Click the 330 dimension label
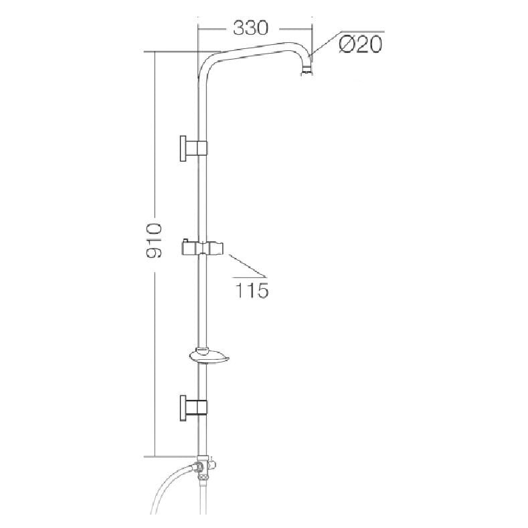click(x=250, y=28)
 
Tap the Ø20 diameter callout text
click(x=361, y=44)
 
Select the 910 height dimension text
click(x=154, y=240)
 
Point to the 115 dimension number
click(x=252, y=290)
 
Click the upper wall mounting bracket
click(x=193, y=148)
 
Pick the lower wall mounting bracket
click(x=193, y=407)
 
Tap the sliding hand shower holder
click(x=203, y=248)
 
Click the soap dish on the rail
click(x=209, y=357)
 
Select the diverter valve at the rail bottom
click(x=205, y=468)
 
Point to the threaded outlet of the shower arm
click(x=306, y=71)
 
